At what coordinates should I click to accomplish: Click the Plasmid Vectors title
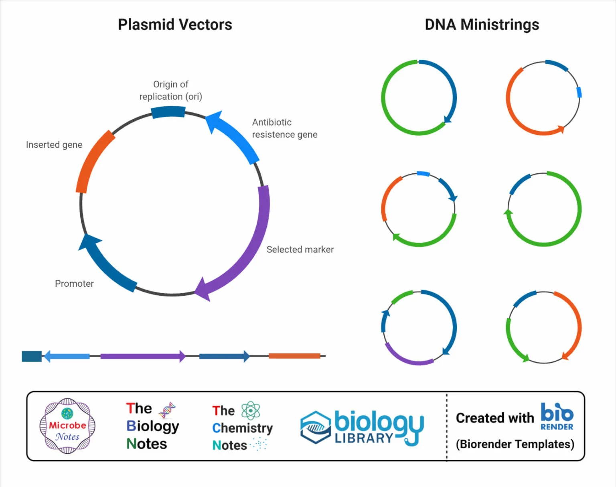175,25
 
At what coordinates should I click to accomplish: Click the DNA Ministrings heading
482,25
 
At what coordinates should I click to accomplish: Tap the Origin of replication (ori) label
171,90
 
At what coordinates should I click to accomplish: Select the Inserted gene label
54,145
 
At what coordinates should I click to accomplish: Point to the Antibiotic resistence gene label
284,128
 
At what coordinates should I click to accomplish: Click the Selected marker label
300,250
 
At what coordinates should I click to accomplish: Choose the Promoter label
74,284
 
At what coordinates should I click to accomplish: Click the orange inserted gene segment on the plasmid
94,161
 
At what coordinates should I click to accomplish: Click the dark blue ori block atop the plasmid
168,112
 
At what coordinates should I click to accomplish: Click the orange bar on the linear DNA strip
294,356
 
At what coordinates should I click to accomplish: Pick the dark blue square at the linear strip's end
32,356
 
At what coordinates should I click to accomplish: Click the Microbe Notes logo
67,426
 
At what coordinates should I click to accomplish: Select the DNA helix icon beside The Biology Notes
167,410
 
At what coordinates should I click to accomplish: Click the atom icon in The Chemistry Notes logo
251,411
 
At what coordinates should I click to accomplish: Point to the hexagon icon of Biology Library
316,428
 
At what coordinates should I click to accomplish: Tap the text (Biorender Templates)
515,444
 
